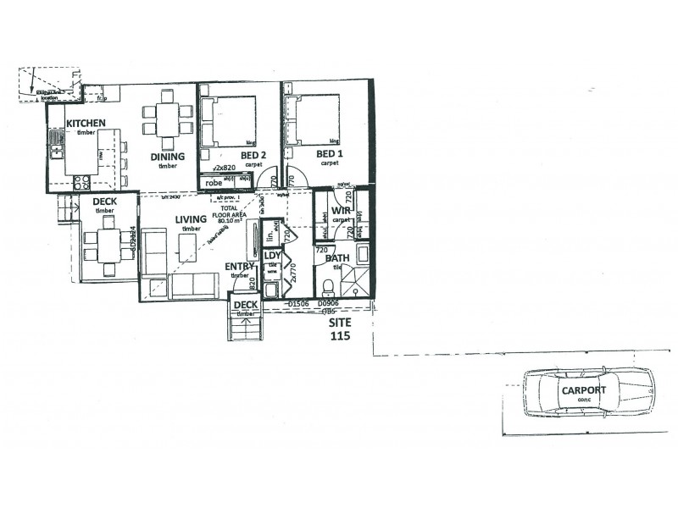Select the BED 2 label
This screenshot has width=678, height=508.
point(231,155)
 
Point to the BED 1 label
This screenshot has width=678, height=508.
point(328,155)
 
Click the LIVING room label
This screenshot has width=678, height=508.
point(191,220)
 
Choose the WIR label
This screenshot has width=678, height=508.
point(342,210)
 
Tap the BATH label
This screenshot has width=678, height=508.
point(336,258)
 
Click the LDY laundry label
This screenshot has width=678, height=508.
point(272,256)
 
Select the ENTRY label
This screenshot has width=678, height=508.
point(240,267)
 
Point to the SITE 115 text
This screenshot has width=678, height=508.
point(340,328)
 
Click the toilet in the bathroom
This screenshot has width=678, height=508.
point(331,284)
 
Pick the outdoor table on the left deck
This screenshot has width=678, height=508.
point(108,243)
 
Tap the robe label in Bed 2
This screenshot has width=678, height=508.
point(214,182)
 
